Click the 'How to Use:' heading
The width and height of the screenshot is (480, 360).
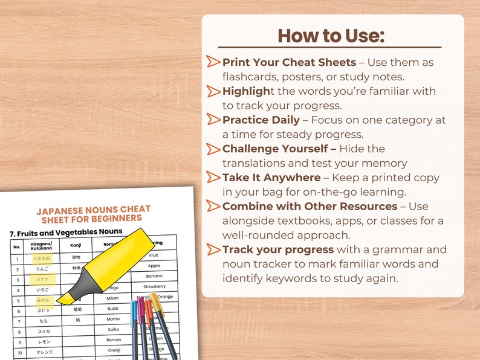pyautogui.click(x=331, y=36)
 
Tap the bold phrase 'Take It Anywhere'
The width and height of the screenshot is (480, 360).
pyautogui.click(x=271, y=178)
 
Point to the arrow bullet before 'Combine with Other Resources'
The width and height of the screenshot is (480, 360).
pyautogui.click(x=213, y=207)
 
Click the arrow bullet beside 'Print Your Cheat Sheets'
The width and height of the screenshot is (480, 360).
pyautogui.click(x=213, y=62)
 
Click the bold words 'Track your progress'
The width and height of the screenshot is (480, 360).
pyautogui.click(x=277, y=249)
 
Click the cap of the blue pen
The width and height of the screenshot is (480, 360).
pyautogui.click(x=134, y=313)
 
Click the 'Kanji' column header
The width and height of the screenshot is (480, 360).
pyautogui.click(x=76, y=245)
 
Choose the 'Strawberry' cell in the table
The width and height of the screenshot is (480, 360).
pyautogui.click(x=154, y=286)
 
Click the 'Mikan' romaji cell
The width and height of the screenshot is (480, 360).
pyautogui.click(x=113, y=298)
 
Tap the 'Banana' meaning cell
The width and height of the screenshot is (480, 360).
pyautogui.click(x=154, y=276)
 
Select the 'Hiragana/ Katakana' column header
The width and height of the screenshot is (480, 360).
pyautogui.click(x=42, y=245)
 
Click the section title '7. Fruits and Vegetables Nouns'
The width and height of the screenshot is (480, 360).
pyautogui.click(x=66, y=232)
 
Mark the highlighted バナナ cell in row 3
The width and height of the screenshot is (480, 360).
pyautogui.click(x=42, y=280)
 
